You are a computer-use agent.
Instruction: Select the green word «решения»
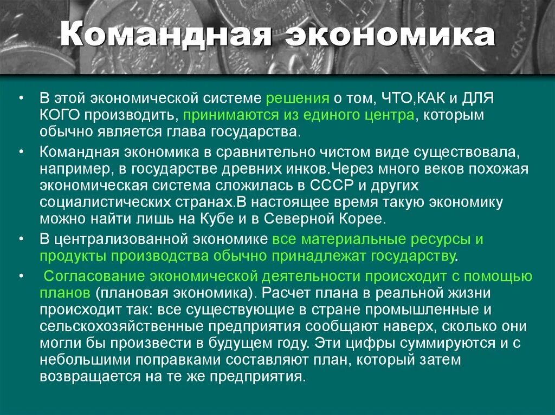[x=298, y=99]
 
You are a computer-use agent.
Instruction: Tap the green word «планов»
[x=64, y=293]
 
